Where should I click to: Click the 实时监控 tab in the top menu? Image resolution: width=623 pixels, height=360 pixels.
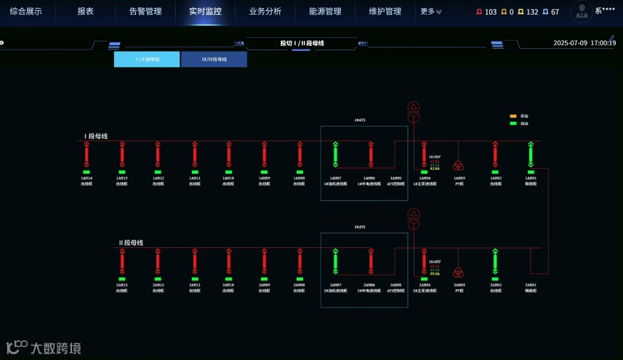pyautogui.click(x=205, y=12)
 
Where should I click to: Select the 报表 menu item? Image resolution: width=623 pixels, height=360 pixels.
pyautogui.click(x=86, y=12)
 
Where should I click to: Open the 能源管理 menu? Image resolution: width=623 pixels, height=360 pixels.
pyautogui.click(x=325, y=12)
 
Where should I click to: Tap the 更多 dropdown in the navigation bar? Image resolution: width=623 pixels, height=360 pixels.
pyautogui.click(x=430, y=12)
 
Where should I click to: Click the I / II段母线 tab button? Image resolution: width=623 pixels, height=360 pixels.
pyautogui.click(x=147, y=59)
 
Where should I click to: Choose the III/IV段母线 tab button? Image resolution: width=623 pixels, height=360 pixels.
pyautogui.click(x=214, y=59)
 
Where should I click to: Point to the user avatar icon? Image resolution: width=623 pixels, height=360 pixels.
pyautogui.click(x=581, y=11)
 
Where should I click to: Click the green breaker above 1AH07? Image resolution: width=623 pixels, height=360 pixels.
pyautogui.click(x=335, y=154)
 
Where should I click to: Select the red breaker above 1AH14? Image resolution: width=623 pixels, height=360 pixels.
pyautogui.click(x=87, y=154)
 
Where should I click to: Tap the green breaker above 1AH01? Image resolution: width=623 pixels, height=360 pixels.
pyautogui.click(x=531, y=154)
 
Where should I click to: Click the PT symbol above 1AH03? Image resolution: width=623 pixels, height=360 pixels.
pyautogui.click(x=459, y=165)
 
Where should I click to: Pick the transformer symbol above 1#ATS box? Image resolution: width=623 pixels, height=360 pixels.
pyautogui.click(x=414, y=112)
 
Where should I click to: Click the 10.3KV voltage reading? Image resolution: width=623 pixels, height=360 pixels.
pyautogui.click(x=435, y=157)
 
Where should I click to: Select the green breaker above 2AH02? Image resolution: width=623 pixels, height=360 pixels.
pyautogui.click(x=495, y=261)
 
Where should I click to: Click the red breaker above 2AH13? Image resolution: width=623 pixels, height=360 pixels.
pyautogui.click(x=122, y=261)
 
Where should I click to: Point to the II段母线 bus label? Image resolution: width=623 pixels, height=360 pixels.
pyautogui.click(x=131, y=243)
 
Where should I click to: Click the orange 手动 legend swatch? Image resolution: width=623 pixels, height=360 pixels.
pyautogui.click(x=513, y=116)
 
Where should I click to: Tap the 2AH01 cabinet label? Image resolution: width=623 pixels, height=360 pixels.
pyautogui.click(x=531, y=285)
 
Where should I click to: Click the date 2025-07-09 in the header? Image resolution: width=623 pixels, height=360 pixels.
pyautogui.click(x=571, y=43)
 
